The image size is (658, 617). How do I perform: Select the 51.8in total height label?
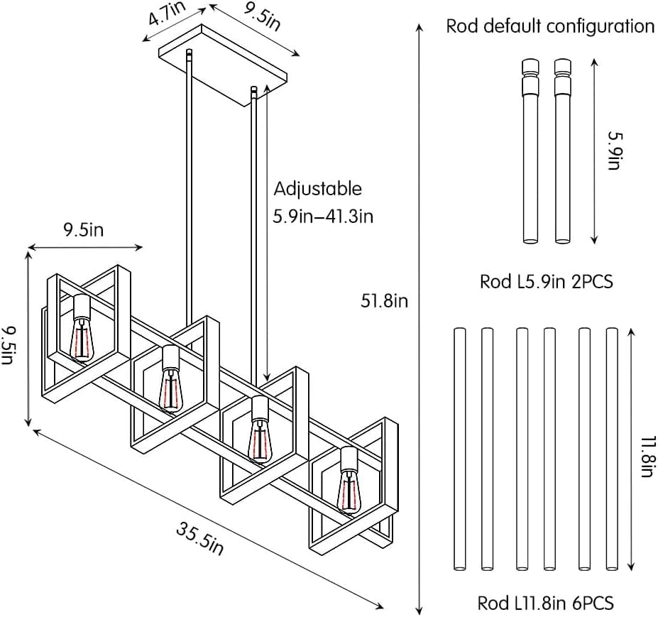click(384, 301)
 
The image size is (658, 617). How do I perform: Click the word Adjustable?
click(317, 190)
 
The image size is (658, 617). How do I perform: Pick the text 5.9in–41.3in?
click(323, 216)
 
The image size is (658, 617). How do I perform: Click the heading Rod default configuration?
click(549, 27)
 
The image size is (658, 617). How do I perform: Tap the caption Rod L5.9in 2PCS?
click(546, 282)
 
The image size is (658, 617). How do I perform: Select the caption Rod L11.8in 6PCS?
click(546, 604)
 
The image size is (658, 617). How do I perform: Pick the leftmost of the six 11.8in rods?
click(459, 449)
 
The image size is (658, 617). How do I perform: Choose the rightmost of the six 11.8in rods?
click(612, 449)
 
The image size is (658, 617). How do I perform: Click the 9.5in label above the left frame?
click(83, 229)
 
